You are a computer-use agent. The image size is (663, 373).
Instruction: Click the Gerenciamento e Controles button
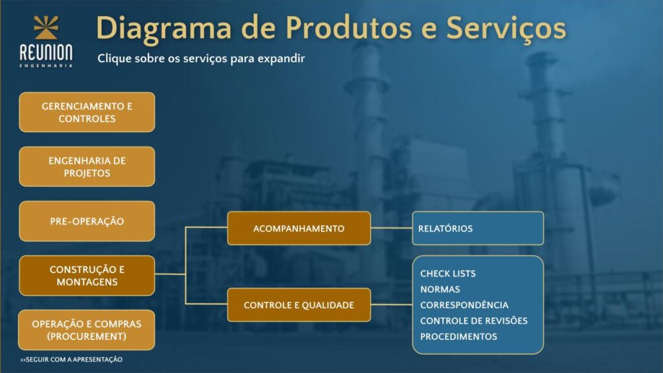pyautogui.click(x=87, y=112)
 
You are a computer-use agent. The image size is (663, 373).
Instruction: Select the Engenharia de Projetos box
pyautogui.click(x=87, y=166)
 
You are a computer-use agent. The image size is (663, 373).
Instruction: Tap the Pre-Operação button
pyautogui.click(x=87, y=221)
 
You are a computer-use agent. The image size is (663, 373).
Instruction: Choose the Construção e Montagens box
pyautogui.click(x=87, y=275)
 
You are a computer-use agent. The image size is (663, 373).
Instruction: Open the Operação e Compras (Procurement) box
pyautogui.click(x=87, y=330)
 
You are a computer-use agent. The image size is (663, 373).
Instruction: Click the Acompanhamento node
pyautogui.click(x=299, y=229)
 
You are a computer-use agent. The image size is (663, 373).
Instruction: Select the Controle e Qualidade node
pyautogui.click(x=299, y=305)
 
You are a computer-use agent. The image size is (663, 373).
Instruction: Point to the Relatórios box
pyautogui.click(x=478, y=229)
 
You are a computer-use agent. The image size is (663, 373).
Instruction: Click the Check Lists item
pyautogui.click(x=448, y=274)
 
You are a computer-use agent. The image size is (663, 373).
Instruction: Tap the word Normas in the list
pyautogui.click(x=440, y=289)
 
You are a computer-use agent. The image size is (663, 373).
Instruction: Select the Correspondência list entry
pyautogui.click(x=464, y=305)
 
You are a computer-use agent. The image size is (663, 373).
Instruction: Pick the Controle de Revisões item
pyautogui.click(x=473, y=321)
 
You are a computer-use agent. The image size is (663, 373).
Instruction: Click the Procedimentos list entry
pyautogui.click(x=458, y=337)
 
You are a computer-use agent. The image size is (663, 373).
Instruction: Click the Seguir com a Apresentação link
pyautogui.click(x=71, y=359)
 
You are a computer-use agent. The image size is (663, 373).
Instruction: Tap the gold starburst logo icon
pyautogui.click(x=46, y=27)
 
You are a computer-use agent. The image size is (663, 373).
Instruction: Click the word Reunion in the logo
pyautogui.click(x=46, y=53)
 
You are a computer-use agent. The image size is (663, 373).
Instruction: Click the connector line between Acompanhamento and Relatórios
pyautogui.click(x=392, y=228)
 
